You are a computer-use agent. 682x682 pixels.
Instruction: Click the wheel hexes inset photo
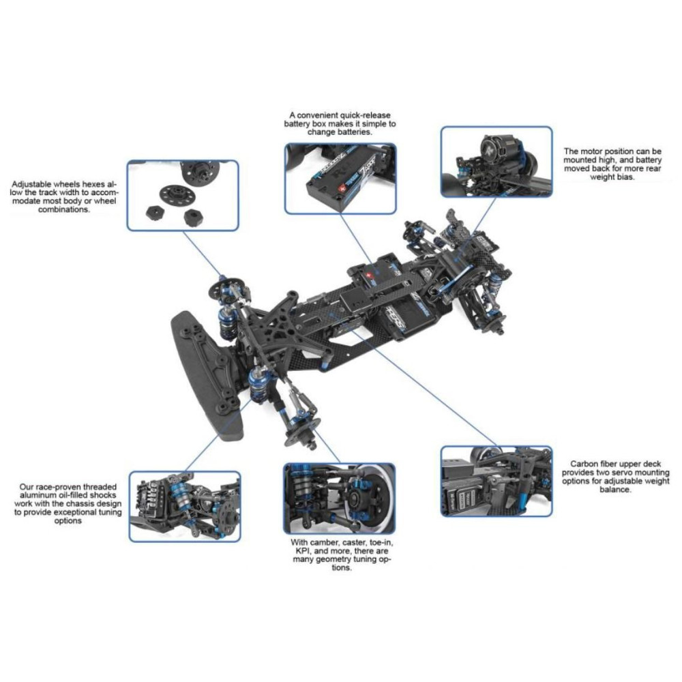click(183, 195)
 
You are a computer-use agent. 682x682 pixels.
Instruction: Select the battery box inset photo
click(340, 179)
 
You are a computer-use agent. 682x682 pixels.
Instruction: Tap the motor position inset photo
click(496, 162)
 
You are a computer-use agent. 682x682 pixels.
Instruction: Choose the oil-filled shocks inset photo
click(185, 506)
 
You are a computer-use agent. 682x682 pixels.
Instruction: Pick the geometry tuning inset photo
click(339, 499)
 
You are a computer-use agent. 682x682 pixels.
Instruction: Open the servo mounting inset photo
click(496, 481)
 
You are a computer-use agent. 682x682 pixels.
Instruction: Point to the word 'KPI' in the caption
click(301, 550)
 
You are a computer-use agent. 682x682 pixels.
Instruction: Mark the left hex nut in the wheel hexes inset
click(153, 213)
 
